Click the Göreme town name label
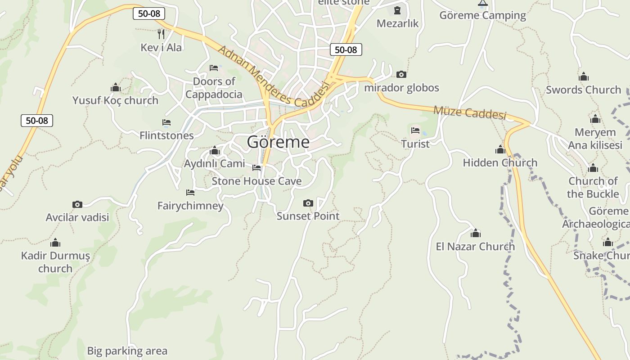tap(278, 142)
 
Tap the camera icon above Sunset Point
tap(308, 203)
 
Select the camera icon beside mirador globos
tap(401, 74)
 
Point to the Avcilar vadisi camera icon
tap(77, 204)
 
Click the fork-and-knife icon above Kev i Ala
tap(161, 34)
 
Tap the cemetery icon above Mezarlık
tap(397, 10)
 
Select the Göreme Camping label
tap(482, 15)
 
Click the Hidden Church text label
tap(500, 162)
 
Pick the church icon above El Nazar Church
tap(476, 233)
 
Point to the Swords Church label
tap(583, 90)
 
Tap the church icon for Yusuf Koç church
tap(116, 87)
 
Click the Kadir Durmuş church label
tap(55, 262)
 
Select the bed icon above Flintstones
tap(166, 122)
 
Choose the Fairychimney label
tap(190, 206)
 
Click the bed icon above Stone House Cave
tap(256, 168)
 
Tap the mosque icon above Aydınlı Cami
tap(215, 150)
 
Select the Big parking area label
tap(127, 351)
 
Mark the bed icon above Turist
tap(415, 130)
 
